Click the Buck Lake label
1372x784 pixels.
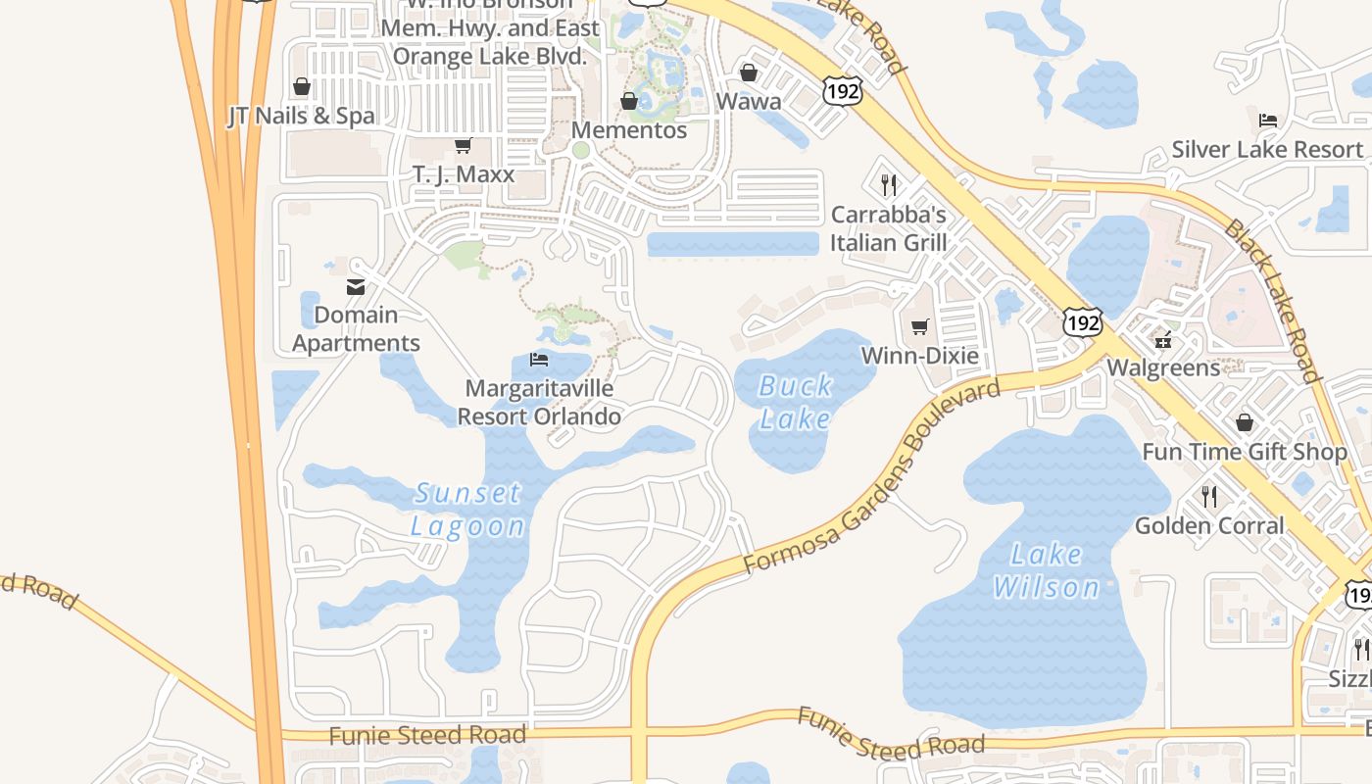[796, 402]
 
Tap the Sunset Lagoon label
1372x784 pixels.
[467, 509]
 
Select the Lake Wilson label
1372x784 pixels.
[1046, 570]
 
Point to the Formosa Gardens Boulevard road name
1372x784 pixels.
[872, 476]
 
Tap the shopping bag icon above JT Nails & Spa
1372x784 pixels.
[302, 87]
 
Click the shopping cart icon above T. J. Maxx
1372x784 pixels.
[463, 146]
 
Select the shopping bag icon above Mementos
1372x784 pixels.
[629, 102]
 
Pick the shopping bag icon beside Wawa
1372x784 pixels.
[749, 73]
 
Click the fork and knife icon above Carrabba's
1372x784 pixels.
[889, 185]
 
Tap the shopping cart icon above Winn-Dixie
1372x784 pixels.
[919, 327]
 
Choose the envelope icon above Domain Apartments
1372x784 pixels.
[356, 287]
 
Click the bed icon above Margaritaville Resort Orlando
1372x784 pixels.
[539, 360]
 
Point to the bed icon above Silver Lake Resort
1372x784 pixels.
[1268, 122]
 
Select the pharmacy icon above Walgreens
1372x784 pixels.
[1163, 340]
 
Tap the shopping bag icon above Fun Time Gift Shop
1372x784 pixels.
[1245, 423]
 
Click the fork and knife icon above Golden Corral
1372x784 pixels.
[1209, 497]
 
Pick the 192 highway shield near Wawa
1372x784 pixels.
[842, 92]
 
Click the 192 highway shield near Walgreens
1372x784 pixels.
[1083, 322]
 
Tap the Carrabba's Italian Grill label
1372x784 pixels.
[889, 228]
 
